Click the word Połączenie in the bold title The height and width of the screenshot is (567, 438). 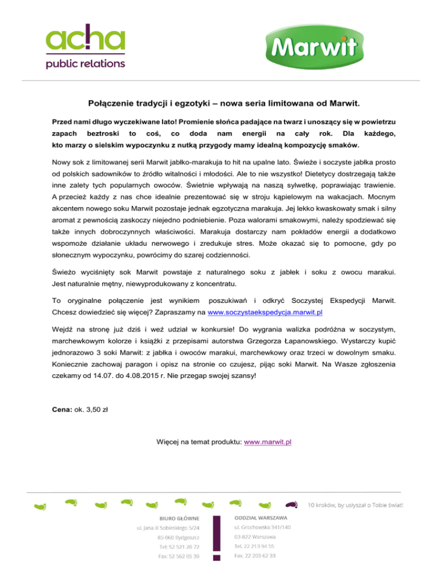coord(112,104)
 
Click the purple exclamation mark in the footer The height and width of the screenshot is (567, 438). coord(217,534)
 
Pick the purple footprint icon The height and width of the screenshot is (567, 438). coord(291,504)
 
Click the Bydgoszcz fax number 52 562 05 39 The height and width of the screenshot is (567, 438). coord(176,556)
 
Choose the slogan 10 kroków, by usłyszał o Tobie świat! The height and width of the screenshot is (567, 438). coord(356,505)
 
